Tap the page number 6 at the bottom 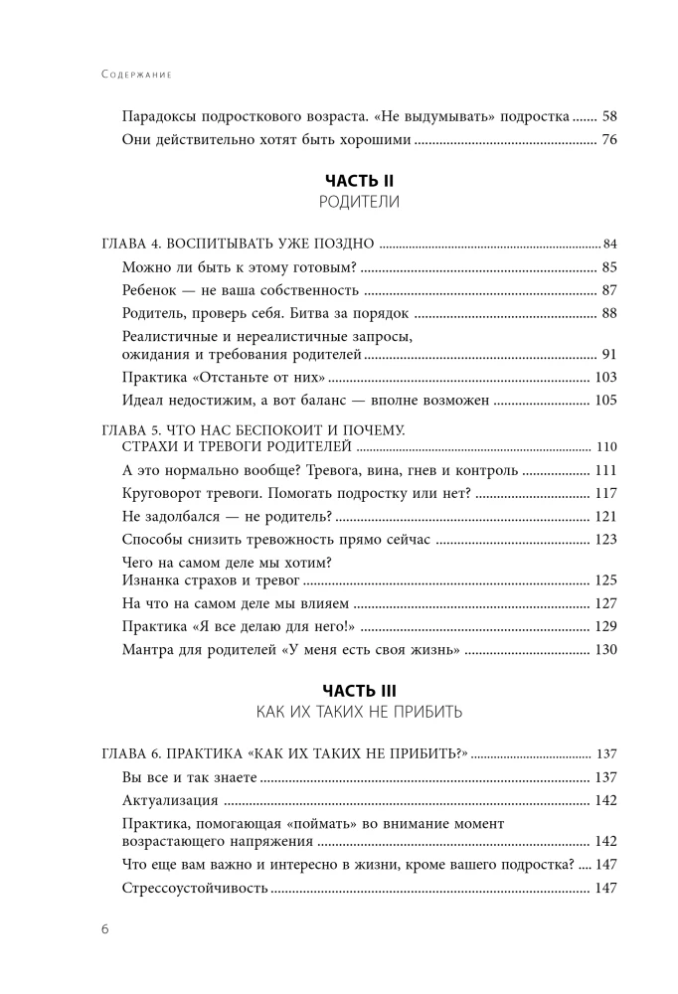click(x=104, y=928)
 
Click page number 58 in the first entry click(x=609, y=115)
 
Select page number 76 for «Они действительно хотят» click(x=609, y=139)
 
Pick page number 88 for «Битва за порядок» click(x=609, y=314)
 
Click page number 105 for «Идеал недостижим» click(x=605, y=401)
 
